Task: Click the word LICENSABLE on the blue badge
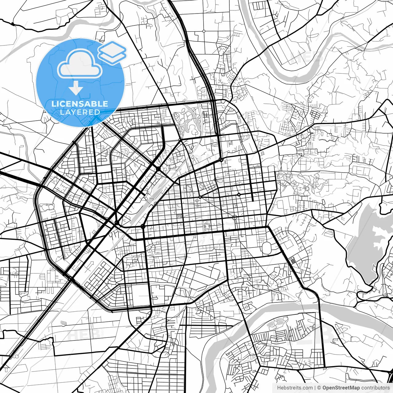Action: pyautogui.click(x=80, y=104)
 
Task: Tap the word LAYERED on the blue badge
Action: pyautogui.click(x=80, y=112)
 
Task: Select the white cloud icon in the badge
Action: pyautogui.click(x=80, y=64)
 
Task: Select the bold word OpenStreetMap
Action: pyautogui.click(x=341, y=388)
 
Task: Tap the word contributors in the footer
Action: pyautogui.click(x=375, y=388)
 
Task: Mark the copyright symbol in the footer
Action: pyautogui.click(x=319, y=388)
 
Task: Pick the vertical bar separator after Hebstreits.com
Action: pyautogui.click(x=315, y=388)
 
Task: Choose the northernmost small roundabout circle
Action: pyautogui.click(x=204, y=31)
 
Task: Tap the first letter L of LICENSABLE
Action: pyautogui.click(x=53, y=104)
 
